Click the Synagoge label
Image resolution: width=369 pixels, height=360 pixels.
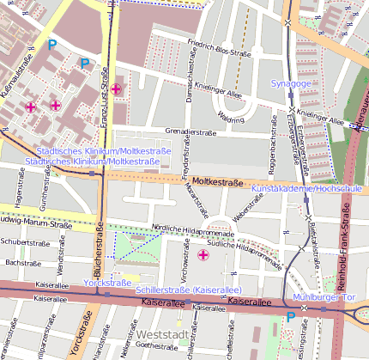tap(291, 83)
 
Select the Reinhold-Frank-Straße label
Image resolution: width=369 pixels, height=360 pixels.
tap(347, 258)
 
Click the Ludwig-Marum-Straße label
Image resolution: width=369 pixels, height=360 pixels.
tap(34, 224)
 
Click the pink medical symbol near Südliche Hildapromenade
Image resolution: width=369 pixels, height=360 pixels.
tap(203, 255)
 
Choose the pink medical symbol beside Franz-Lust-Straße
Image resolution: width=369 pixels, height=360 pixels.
tap(116, 88)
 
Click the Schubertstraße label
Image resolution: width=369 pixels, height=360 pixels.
tap(22, 242)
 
